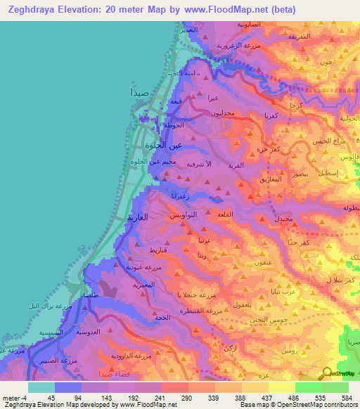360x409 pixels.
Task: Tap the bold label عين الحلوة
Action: [163, 145]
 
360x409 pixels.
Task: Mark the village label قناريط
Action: [157, 249]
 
